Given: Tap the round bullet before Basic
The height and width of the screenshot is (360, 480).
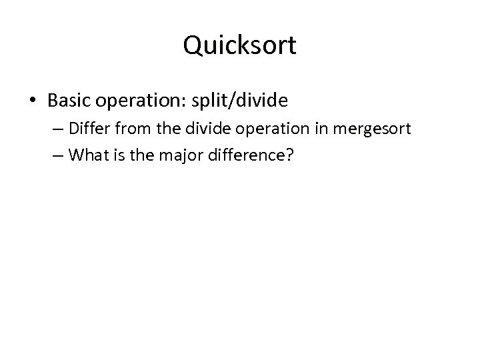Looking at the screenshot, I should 33,101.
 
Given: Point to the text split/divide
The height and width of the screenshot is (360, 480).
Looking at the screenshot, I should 241,101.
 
